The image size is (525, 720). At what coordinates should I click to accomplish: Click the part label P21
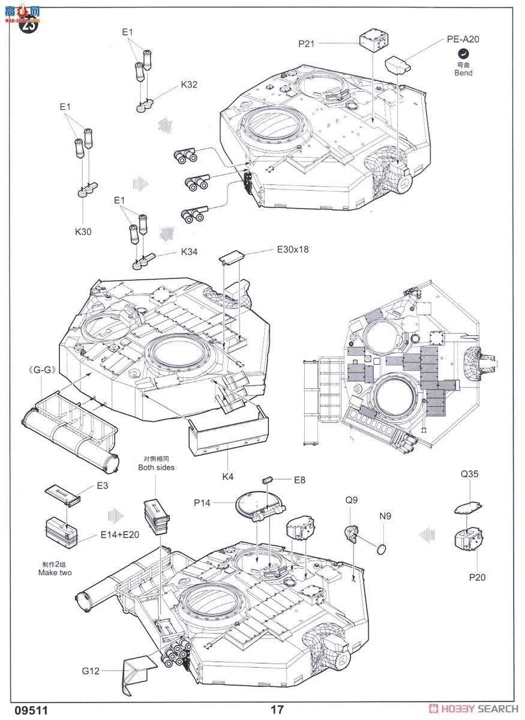click(307, 43)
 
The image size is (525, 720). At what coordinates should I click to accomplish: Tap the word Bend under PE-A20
click(463, 73)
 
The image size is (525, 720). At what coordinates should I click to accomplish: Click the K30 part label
click(83, 231)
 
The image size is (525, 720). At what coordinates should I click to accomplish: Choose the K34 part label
click(189, 253)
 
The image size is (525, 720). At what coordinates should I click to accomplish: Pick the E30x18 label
click(292, 249)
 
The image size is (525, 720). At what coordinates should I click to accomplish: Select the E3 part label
click(103, 485)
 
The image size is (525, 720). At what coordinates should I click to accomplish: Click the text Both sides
click(156, 467)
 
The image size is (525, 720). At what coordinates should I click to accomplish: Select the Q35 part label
click(470, 474)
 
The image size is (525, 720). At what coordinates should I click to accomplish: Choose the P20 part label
click(478, 577)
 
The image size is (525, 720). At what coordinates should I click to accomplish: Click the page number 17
click(277, 709)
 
